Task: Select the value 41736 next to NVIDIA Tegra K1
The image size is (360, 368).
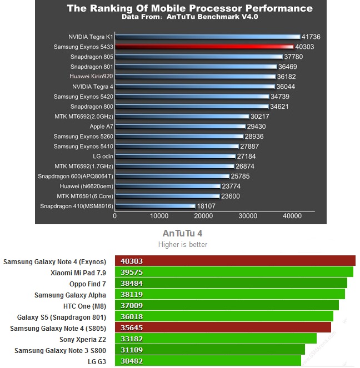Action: (310, 37)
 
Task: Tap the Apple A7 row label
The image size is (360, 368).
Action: (101, 127)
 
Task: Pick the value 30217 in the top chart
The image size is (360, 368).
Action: (261, 117)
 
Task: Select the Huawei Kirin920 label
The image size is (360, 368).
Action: (91, 77)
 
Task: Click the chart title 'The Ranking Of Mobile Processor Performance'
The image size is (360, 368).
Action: (189, 8)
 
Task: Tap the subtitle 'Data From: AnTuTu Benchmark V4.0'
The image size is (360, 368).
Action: (189, 17)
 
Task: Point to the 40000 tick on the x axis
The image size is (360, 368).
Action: (292, 216)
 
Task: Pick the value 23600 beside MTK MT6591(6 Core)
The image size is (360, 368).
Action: (231, 196)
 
